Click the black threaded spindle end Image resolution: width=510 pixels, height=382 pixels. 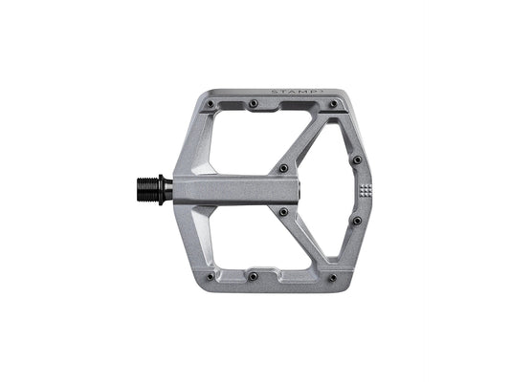pos(153,188)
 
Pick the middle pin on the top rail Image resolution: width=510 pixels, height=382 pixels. pos(253,102)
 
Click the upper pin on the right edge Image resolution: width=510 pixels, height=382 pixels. pos(357,159)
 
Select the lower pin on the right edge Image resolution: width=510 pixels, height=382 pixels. pos(357,221)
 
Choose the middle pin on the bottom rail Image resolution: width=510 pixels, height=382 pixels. pos(253,276)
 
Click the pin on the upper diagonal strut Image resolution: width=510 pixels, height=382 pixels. pos(283,169)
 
